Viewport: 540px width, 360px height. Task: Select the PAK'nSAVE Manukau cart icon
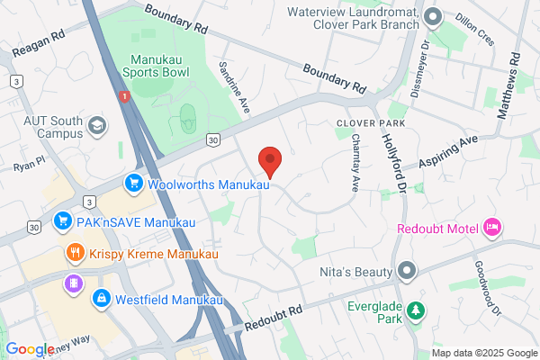pyautogui.click(x=63, y=219)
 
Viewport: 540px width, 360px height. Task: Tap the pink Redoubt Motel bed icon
pyautogui.click(x=491, y=228)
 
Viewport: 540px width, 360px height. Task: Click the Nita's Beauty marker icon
pyautogui.click(x=408, y=270)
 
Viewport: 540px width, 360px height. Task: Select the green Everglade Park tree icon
pyautogui.click(x=415, y=311)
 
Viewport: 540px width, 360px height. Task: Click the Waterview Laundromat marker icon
pyautogui.click(x=433, y=15)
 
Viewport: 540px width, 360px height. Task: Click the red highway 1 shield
pyautogui.click(x=122, y=95)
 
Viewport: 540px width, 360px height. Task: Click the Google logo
pyautogui.click(x=30, y=349)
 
